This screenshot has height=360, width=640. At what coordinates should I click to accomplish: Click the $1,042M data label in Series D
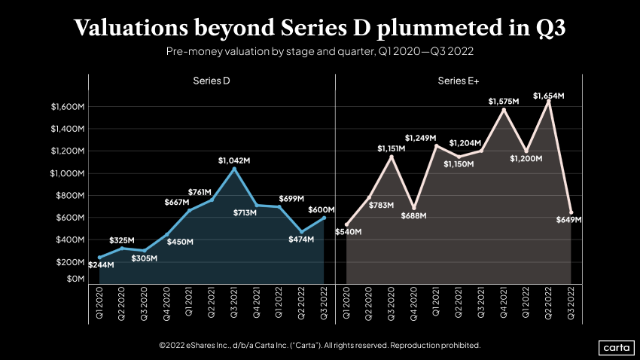pos(234,160)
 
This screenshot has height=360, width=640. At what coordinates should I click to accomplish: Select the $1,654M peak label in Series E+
pos(548,96)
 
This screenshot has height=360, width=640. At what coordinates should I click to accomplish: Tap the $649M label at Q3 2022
pos(568,220)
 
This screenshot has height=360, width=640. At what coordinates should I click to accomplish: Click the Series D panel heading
pos(211,80)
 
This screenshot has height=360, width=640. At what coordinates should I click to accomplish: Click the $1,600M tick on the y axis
pos(68,107)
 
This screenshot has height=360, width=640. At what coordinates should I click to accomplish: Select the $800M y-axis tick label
pos(71,196)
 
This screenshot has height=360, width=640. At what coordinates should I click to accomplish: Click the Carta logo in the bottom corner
pos(616,347)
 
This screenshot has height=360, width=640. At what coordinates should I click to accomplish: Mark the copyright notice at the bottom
pos(319,345)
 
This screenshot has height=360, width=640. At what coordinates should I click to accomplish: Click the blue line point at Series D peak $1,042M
pos(234,169)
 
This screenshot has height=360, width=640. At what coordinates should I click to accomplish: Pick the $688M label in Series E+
pos(413,216)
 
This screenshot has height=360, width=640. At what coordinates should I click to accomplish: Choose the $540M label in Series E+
pos(347,231)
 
